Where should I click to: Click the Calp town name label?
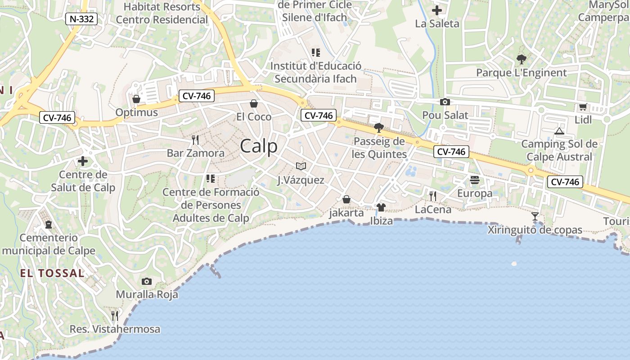(259, 146)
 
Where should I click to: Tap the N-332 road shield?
(81, 19)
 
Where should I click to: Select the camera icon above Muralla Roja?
(146, 282)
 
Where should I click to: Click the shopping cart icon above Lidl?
(583, 107)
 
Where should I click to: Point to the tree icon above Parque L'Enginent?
(522, 59)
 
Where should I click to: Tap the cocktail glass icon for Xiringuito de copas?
(535, 216)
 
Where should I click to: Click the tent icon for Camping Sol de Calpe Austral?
(559, 131)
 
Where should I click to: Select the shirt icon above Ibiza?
(381, 207)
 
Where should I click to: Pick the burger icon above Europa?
(475, 180)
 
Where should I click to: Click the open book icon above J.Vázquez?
(301, 166)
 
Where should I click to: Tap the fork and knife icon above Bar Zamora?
(195, 140)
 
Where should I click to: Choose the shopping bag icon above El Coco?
(254, 104)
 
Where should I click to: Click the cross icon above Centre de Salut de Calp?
(83, 161)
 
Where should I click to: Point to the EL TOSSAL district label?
(52, 273)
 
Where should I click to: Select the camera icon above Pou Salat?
(445, 102)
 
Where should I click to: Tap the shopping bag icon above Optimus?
(136, 99)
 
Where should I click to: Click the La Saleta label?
(437, 24)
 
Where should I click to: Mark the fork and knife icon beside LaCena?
(432, 196)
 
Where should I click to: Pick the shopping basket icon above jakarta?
(346, 199)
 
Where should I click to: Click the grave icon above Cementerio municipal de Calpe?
(48, 224)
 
